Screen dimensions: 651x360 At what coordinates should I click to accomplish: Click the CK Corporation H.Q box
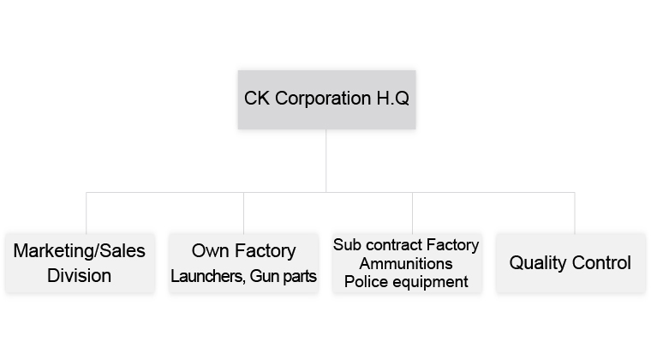click(326, 99)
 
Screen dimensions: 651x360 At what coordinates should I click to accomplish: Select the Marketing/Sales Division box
click(80, 263)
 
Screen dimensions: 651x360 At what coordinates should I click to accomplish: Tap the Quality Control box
click(570, 263)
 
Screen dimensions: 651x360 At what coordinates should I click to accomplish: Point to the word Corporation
click(323, 99)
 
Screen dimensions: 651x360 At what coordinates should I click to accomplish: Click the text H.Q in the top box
click(393, 99)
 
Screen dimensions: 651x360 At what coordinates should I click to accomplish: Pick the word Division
click(79, 275)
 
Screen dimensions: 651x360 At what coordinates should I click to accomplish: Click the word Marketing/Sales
click(80, 251)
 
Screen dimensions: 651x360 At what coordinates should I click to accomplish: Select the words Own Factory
click(244, 251)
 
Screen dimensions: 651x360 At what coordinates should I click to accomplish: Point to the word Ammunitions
click(406, 263)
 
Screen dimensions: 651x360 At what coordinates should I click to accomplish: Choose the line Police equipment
click(406, 282)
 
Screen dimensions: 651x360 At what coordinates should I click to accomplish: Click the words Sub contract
click(378, 244)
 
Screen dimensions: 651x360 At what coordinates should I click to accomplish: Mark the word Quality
click(538, 263)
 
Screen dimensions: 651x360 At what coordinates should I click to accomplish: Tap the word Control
click(601, 263)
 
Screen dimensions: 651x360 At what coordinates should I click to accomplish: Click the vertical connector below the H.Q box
click(325, 160)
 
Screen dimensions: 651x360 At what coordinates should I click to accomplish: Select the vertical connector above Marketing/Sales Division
click(87, 213)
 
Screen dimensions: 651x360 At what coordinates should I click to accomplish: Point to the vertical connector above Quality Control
click(575, 213)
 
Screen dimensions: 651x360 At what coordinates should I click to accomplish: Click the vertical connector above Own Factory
click(244, 213)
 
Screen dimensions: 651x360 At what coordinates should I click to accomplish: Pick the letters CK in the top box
click(257, 99)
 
